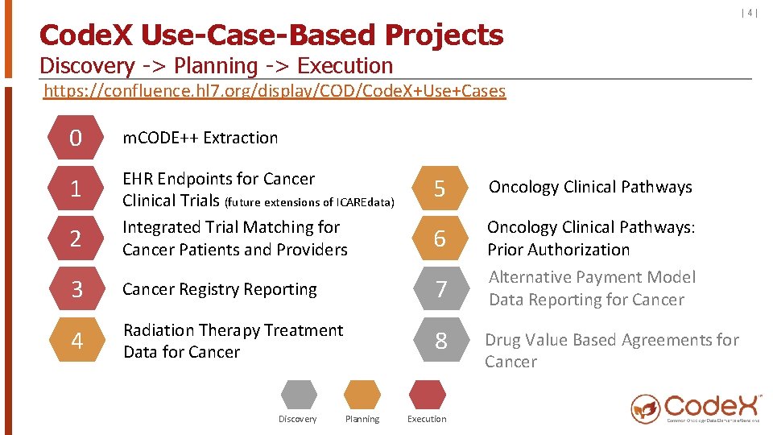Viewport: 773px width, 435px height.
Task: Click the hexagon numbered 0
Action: click(76, 139)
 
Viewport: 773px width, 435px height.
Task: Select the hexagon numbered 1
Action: click(76, 189)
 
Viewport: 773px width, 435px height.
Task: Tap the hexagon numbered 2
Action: click(76, 239)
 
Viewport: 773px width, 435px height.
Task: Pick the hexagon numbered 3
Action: click(76, 289)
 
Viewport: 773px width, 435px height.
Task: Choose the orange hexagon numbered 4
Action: click(76, 341)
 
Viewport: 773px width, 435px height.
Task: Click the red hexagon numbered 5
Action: click(440, 188)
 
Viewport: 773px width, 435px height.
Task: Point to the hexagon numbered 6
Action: click(440, 239)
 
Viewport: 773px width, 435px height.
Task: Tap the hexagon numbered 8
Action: click(440, 341)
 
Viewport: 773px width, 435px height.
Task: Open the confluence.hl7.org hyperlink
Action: click(275, 90)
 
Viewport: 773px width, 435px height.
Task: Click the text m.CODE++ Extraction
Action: click(200, 138)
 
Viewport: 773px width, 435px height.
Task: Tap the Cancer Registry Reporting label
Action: click(220, 289)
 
